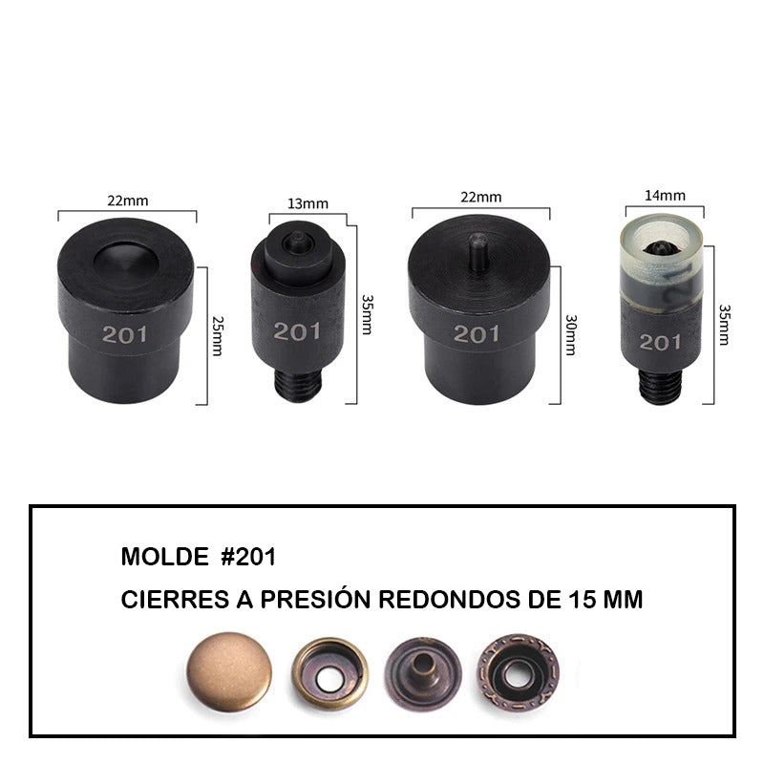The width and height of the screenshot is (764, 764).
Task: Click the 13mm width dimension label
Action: [x=308, y=203]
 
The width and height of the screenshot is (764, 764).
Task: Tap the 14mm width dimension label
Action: [x=665, y=196]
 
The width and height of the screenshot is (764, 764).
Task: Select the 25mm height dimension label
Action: [x=219, y=336]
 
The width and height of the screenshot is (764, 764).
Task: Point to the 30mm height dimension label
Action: [x=571, y=335]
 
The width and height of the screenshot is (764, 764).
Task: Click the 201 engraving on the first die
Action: [x=125, y=334]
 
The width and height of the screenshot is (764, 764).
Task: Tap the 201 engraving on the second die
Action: [x=297, y=331]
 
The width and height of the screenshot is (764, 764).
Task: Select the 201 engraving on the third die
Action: [x=477, y=333]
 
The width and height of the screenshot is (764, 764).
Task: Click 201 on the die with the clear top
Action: [x=660, y=342]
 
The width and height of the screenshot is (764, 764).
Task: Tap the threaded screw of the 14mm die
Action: [x=660, y=388]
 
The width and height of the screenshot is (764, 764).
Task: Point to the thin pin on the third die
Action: [x=478, y=251]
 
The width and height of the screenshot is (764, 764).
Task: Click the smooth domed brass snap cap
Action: [x=229, y=671]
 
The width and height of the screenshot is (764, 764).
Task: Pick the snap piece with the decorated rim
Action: [x=518, y=673]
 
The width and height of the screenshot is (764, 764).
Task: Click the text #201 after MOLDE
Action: [x=248, y=557]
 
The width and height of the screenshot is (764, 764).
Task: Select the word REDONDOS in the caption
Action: [x=449, y=600]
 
